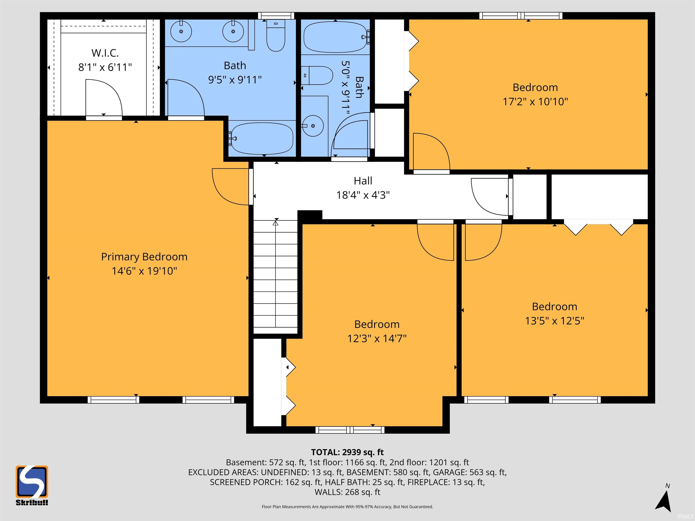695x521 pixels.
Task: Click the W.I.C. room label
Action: point(105,53)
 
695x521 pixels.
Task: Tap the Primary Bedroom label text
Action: point(144,257)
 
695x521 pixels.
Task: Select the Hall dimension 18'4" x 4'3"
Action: point(363,195)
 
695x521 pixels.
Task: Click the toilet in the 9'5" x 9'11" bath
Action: point(276,36)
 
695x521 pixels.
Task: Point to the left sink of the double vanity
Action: point(181,31)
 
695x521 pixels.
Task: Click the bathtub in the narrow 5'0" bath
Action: point(335,37)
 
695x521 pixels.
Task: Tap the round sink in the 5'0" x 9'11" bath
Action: point(313,126)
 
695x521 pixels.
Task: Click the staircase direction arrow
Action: point(276,223)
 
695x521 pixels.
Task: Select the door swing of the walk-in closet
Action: point(104,97)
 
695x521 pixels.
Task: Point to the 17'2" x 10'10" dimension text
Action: point(535,102)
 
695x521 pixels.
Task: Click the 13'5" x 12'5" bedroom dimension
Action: point(555,321)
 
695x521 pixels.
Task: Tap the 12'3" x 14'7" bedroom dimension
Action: point(377,339)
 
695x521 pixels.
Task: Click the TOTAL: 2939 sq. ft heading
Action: point(347,452)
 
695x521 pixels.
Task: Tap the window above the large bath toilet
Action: point(276,15)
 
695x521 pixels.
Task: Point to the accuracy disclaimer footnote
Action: point(347,507)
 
